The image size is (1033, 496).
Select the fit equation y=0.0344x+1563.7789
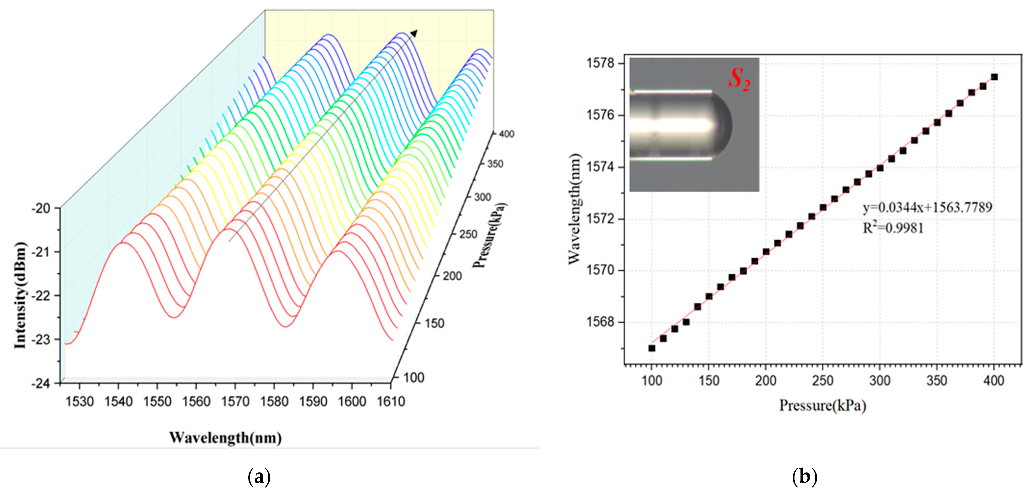(927, 207)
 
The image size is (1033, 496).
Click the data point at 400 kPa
(994, 77)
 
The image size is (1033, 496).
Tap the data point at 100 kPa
(652, 348)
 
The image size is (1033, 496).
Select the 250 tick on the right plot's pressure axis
(823, 380)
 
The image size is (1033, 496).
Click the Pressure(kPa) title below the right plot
(823, 405)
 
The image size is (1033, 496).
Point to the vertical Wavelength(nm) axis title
(574, 208)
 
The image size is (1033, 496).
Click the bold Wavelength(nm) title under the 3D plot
(225, 437)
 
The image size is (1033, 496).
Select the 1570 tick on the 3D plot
(235, 401)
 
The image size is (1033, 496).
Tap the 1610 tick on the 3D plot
(391, 401)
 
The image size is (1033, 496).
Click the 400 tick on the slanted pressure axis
(506, 134)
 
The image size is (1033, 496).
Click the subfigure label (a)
(259, 477)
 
